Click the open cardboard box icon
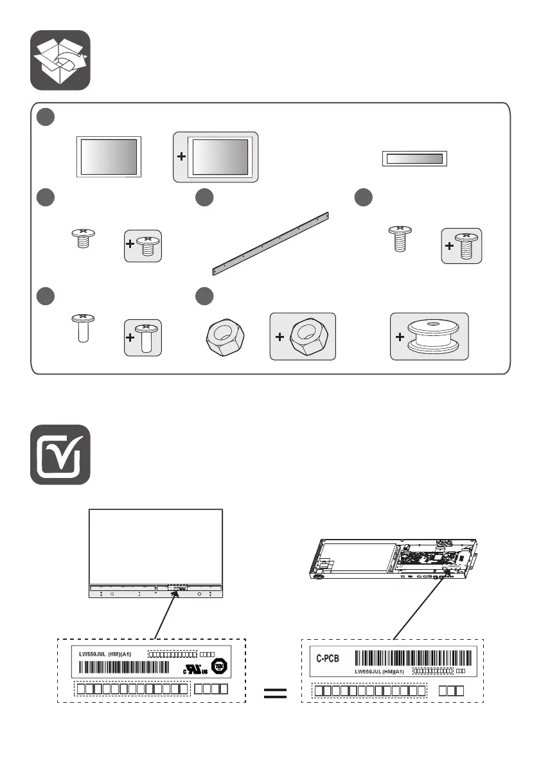pos(60,61)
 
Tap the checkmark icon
pos(60,455)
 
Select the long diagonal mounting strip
pos(270,242)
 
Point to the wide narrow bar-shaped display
pos(414,159)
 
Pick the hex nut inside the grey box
pos(308,337)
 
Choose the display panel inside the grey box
pos(220,157)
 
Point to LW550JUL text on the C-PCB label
pos(379,672)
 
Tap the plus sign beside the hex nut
pos(279,338)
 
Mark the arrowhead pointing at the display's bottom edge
pos(174,594)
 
